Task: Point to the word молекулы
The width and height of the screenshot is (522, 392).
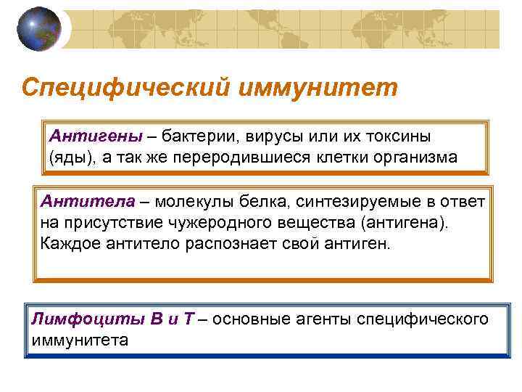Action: click(x=188, y=200)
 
